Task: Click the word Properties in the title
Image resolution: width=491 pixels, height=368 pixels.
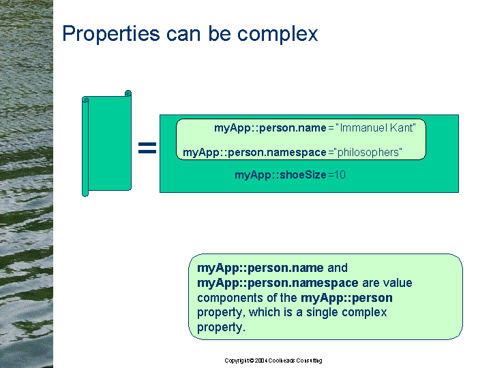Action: pos(111,34)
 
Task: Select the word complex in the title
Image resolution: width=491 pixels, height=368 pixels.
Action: pos(278,33)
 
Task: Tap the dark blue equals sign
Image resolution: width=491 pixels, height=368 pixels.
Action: pos(147,148)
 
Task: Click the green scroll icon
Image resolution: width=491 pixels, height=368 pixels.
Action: pos(106,143)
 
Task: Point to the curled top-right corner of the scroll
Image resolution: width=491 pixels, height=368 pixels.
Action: pos(128,93)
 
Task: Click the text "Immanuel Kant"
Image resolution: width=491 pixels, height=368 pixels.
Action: pos(376,127)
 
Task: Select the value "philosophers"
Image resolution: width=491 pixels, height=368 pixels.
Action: pos(368,153)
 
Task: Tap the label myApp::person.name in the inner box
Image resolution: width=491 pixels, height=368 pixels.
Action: pos(270,128)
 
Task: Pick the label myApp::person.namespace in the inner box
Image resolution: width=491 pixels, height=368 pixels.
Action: pos(254,153)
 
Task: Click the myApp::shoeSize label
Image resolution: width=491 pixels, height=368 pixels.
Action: pos(280,174)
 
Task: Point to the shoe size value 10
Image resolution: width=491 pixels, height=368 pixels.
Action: pos(340,174)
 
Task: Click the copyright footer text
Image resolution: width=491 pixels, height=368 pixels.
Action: pos(273,361)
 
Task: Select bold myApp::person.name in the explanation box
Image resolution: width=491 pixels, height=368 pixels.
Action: pos(261,268)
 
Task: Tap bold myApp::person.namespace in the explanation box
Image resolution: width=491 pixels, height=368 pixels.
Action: pos(278,283)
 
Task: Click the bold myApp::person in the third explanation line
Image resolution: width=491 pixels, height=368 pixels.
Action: pos(346,298)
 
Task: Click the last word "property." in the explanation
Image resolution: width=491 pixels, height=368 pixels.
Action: pos(221,328)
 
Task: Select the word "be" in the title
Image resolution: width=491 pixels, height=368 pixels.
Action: pos(220,33)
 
